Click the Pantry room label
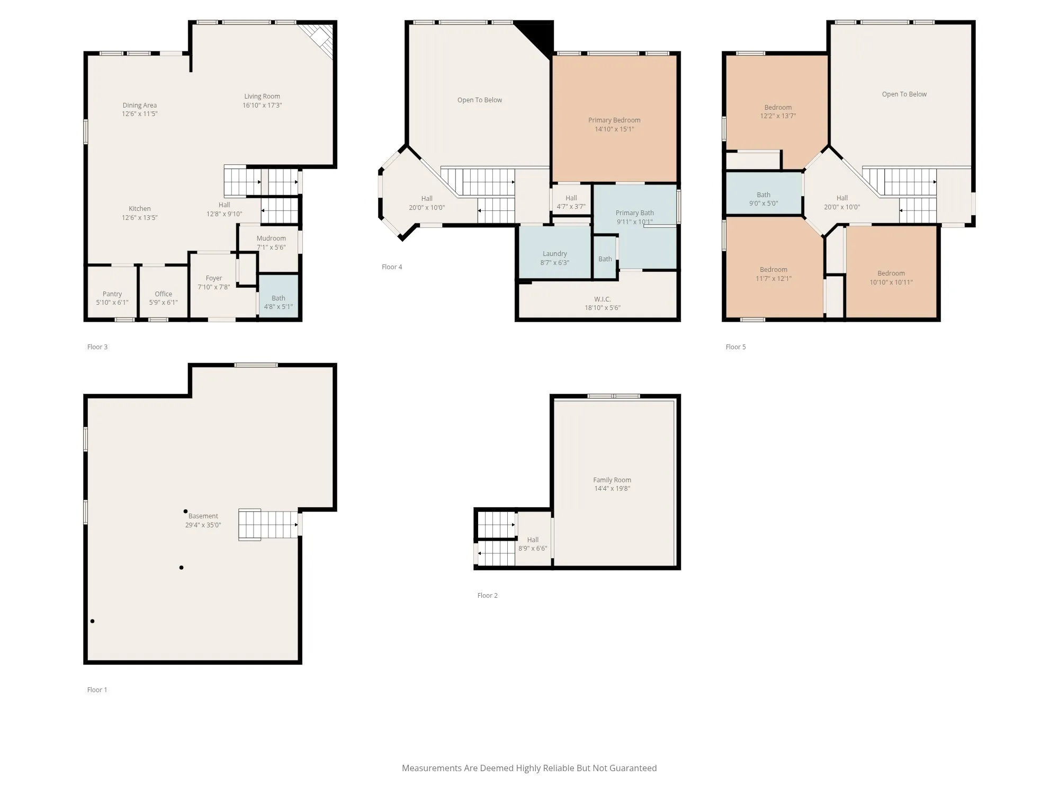coord(112,294)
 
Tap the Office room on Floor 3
coord(164,293)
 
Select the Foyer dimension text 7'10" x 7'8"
coord(214,287)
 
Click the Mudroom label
coord(271,238)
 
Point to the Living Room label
coord(262,96)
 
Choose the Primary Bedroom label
coord(614,120)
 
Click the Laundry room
coord(554,252)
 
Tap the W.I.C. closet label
coord(603,299)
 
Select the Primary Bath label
coord(634,213)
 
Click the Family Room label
coord(612,480)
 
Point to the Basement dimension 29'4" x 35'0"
coord(203,525)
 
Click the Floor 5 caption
coord(735,347)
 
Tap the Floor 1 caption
coord(97,690)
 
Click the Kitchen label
coord(140,209)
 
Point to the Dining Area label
coord(140,105)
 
